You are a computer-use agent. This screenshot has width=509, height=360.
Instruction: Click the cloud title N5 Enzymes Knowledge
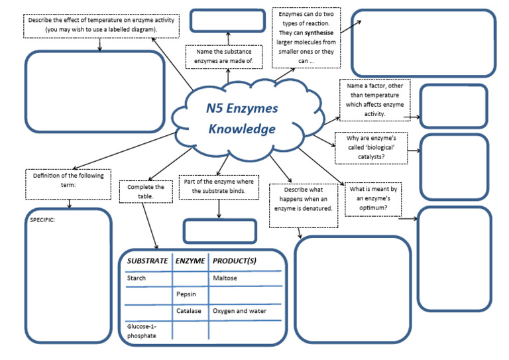point(242,119)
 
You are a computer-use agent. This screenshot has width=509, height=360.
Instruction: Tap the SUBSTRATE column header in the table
point(147,261)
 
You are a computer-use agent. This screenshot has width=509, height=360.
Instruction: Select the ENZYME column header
point(190,261)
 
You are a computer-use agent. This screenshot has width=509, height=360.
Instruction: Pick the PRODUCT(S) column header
point(234,261)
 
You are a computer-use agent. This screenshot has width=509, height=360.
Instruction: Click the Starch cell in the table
point(136,278)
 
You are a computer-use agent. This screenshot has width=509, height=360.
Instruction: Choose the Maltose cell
point(225,278)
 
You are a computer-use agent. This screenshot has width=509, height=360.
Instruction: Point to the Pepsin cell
point(186,294)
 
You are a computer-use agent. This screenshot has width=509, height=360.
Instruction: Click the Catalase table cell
point(189,310)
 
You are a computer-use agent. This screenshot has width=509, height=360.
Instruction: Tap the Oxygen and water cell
point(239,310)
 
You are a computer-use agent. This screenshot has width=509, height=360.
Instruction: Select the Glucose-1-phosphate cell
point(142,331)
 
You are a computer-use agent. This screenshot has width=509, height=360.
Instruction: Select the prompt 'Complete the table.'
point(146,192)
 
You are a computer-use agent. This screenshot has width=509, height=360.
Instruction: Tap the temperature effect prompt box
point(101,25)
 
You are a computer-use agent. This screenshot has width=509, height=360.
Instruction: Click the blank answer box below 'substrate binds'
point(219,231)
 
